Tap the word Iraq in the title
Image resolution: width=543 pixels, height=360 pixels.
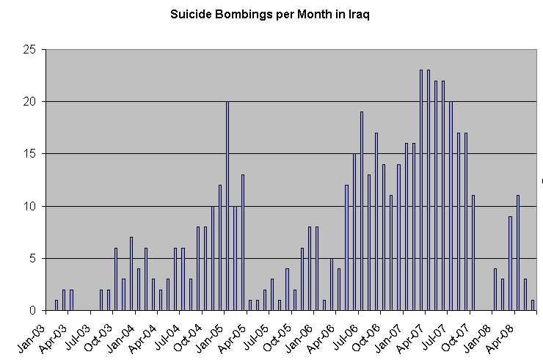coord(357,15)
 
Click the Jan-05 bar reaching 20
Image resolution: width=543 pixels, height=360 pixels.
coord(227,206)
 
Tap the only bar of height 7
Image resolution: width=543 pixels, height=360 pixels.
coord(131,274)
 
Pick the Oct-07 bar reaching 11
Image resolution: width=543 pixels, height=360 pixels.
coord(474,253)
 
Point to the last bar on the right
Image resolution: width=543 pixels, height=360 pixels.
coord(533,306)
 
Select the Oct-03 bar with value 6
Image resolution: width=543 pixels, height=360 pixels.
coord(116,279)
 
